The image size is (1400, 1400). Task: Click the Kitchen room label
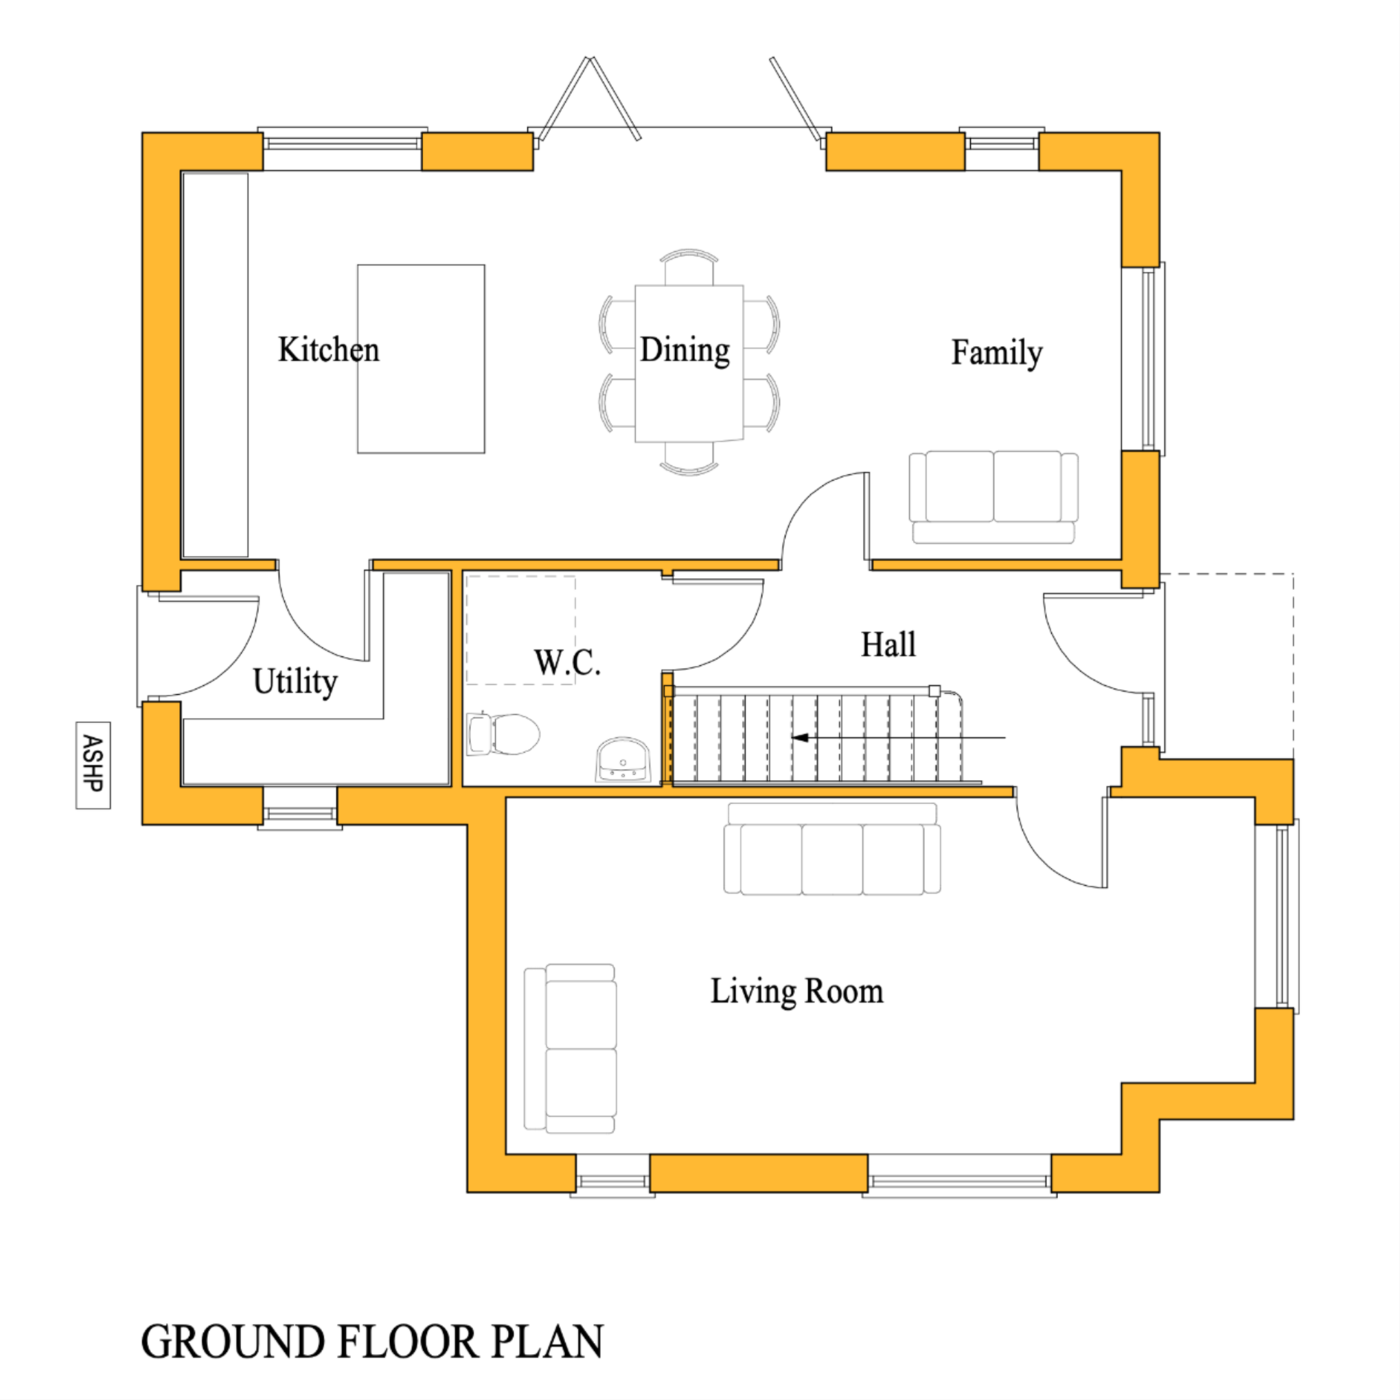tap(328, 350)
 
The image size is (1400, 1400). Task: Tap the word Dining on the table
tap(685, 350)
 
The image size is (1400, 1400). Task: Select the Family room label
tap(996, 353)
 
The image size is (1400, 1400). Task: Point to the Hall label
tap(888, 644)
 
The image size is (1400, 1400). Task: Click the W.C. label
tap(566, 662)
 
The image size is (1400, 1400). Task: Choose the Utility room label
tap(295, 681)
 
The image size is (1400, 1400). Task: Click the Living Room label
tap(796, 991)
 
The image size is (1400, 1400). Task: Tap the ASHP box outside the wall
tap(93, 764)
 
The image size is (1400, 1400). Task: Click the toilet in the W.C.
tap(503, 733)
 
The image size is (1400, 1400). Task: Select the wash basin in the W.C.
tap(623, 759)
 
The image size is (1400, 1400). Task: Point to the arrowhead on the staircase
tap(800, 737)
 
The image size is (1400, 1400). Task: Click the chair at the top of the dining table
tap(689, 266)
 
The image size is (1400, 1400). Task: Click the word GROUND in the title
tap(233, 1342)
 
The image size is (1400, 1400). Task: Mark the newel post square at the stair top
tap(934, 691)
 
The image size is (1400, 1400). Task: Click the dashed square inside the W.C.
tap(520, 630)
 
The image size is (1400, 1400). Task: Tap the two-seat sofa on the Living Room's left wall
tap(571, 1048)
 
